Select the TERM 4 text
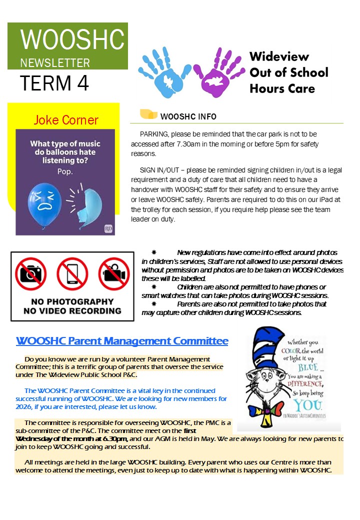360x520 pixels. (54, 83)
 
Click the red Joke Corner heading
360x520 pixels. (66, 120)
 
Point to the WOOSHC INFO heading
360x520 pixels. (188, 116)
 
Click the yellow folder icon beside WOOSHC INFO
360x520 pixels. (148, 114)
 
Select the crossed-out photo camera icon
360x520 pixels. (31, 274)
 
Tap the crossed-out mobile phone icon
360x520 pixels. (72, 274)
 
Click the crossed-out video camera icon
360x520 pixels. (113, 274)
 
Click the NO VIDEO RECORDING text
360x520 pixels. (72, 310)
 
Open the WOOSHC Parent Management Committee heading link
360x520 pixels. (122, 341)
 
